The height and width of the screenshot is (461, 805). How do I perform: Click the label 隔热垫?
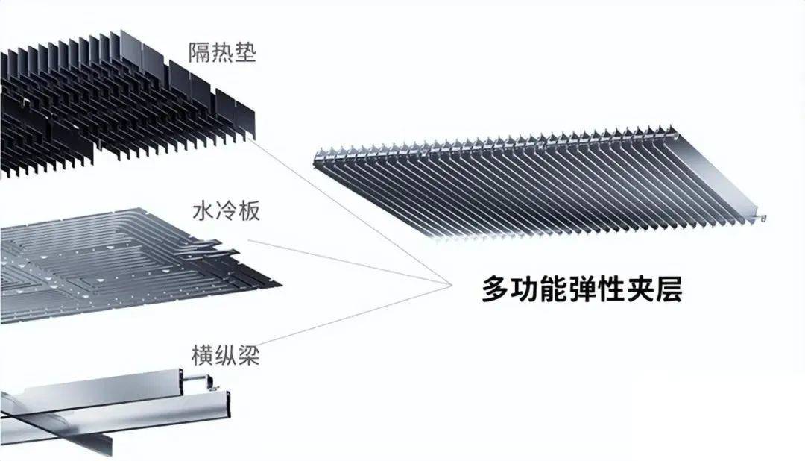tap(222, 53)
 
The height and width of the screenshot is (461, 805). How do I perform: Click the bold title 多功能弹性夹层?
tap(581, 289)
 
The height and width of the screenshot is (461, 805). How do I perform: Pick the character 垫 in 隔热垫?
tap(244, 53)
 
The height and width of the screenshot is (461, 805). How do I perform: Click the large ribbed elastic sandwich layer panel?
tap(537, 183)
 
